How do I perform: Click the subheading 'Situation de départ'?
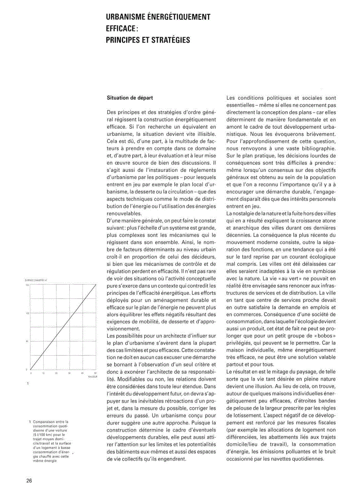(130, 97)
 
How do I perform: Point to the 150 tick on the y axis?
(27, 285)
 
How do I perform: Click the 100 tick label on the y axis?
(27, 313)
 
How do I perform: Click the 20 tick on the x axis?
(56, 373)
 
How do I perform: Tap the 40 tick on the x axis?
(82, 373)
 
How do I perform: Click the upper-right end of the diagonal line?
(96, 285)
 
